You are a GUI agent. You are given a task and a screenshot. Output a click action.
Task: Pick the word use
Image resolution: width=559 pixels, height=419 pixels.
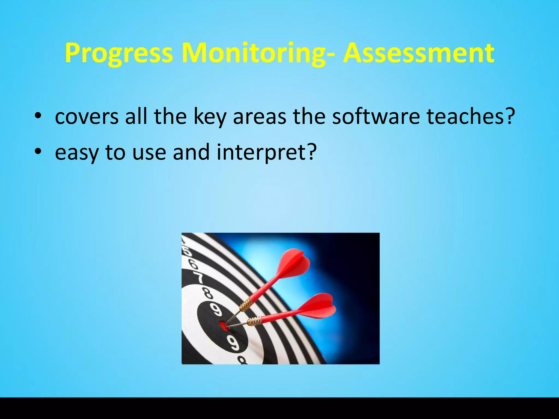[x=149, y=152]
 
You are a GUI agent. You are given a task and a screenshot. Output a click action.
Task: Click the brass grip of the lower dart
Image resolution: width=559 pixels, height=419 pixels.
[x=254, y=321]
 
